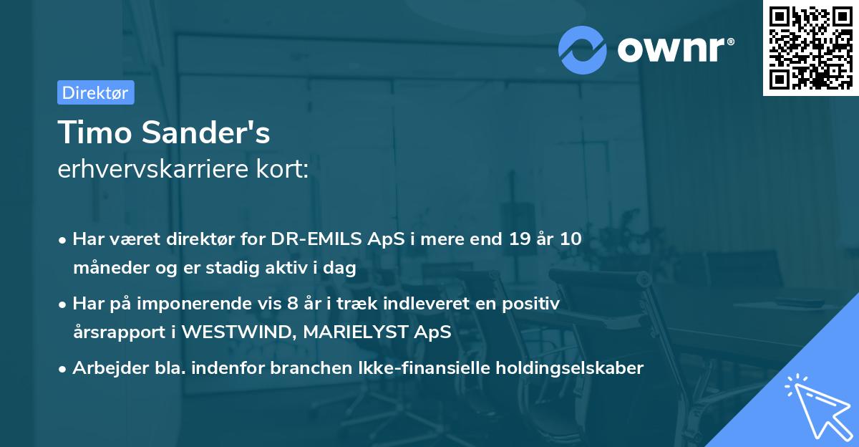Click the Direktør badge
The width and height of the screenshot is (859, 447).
pyautogui.click(x=95, y=92)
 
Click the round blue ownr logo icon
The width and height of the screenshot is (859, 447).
pyautogui.click(x=583, y=49)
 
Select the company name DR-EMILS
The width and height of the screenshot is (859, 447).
pyautogui.click(x=306, y=239)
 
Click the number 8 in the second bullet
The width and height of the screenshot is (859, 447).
pyautogui.click(x=291, y=304)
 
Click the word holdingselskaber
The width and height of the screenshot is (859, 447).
pyautogui.click(x=571, y=368)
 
